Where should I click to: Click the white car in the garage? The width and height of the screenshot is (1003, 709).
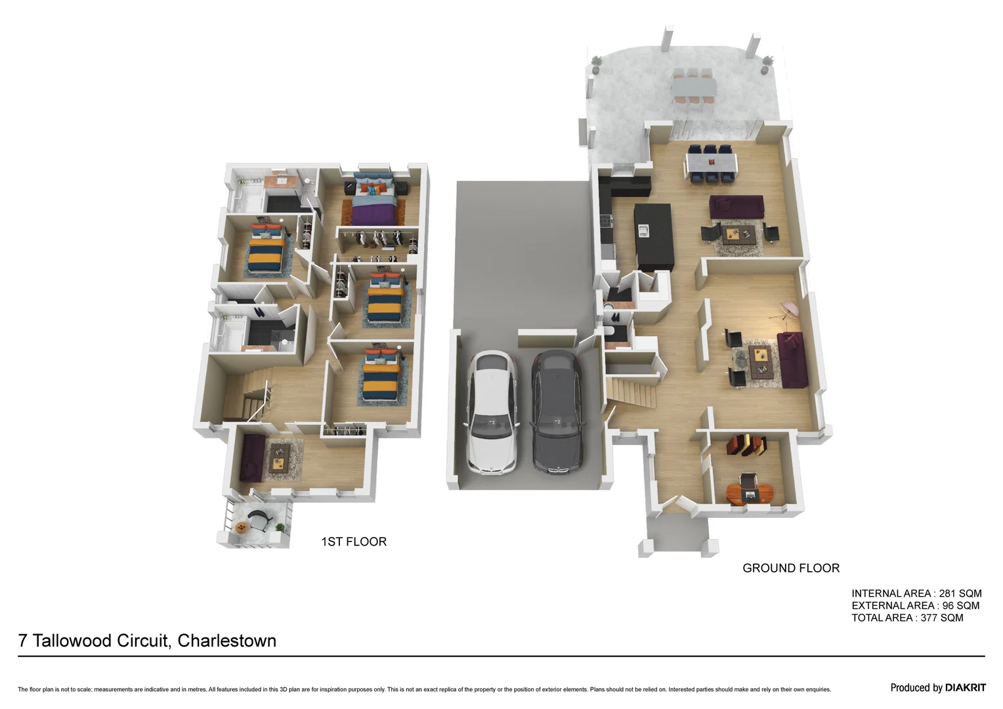coord(492,412)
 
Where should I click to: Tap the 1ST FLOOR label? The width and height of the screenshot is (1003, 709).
coord(354,542)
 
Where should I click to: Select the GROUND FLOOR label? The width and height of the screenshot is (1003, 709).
coord(790,568)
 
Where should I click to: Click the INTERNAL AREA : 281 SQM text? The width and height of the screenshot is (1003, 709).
coord(916,593)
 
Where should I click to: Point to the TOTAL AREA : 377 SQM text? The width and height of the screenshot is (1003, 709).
coord(907,618)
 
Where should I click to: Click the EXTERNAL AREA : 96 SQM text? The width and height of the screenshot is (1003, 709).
coord(914,605)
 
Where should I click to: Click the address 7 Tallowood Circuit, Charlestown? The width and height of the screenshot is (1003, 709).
coord(147,641)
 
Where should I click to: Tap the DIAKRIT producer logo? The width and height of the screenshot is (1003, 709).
coord(965,687)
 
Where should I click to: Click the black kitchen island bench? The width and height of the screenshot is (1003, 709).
coord(654,236)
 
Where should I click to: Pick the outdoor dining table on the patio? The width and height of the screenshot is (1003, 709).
coord(693,86)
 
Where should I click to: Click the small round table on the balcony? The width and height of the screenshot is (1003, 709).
coord(242,526)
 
